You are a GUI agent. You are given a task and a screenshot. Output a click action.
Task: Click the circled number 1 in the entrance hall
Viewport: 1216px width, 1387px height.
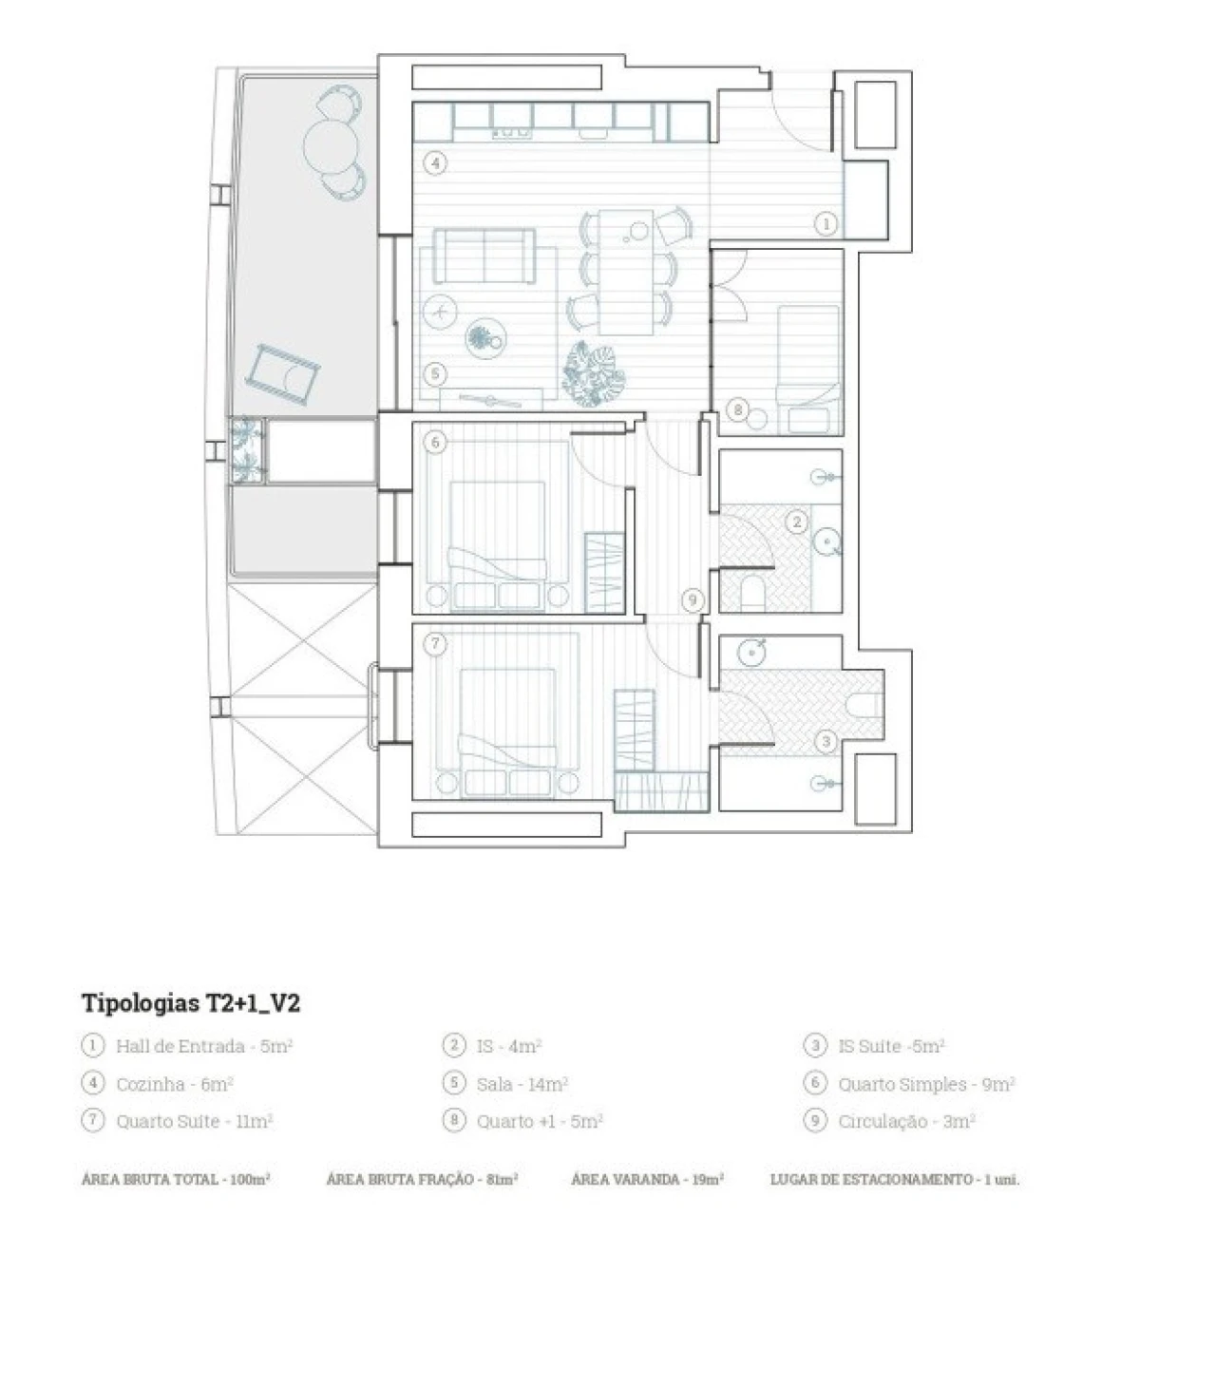(826, 224)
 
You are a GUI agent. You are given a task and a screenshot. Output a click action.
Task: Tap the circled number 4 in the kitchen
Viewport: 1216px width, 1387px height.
(434, 163)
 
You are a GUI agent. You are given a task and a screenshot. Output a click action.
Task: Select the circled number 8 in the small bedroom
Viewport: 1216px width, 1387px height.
(737, 409)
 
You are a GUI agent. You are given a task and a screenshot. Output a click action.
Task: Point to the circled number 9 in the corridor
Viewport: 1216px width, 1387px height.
(693, 599)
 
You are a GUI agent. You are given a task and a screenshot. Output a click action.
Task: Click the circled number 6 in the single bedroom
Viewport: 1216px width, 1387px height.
(435, 442)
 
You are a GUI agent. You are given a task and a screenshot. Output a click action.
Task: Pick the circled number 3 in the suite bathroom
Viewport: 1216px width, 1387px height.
(826, 741)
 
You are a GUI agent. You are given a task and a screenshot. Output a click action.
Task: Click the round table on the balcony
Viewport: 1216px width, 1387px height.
(331, 145)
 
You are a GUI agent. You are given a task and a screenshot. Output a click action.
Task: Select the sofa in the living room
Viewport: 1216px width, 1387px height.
(483, 256)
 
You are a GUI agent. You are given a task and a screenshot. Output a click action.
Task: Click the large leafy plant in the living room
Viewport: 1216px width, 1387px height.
(593, 372)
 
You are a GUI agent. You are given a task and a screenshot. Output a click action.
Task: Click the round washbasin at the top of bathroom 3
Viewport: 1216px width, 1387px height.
(752, 653)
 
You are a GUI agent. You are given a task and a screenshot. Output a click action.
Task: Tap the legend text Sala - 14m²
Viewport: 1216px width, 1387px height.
(522, 1084)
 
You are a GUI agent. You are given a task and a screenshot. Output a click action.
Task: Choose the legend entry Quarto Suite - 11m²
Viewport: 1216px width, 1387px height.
(194, 1121)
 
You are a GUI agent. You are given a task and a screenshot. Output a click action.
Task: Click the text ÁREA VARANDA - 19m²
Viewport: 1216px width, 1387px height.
(648, 1179)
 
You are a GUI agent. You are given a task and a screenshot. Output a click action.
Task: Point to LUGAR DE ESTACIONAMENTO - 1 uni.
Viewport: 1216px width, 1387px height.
(894, 1179)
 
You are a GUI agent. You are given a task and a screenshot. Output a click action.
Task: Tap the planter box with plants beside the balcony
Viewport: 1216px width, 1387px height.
(246, 451)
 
